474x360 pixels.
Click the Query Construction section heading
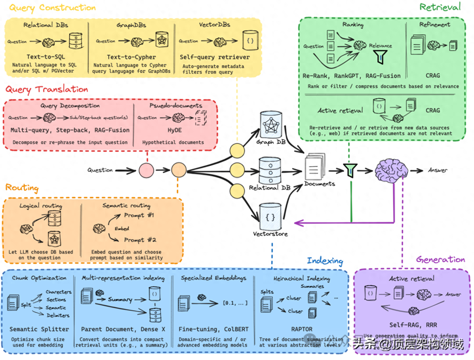[52, 8]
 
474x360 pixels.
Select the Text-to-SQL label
[46, 57]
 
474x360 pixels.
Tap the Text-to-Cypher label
[131, 57]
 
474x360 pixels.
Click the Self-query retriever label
[215, 57]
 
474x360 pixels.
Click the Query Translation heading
[47, 89]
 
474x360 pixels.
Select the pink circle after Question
[146, 170]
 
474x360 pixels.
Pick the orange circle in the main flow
[179, 170]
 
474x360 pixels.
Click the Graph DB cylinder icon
[270, 124]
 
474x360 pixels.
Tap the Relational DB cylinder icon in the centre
[270, 170]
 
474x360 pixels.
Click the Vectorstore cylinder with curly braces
[270, 215]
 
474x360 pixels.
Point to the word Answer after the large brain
[438, 170]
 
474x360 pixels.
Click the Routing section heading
[22, 188]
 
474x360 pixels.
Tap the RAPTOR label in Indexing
[302, 328]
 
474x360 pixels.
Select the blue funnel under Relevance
[378, 56]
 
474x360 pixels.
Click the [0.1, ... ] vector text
[235, 303]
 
